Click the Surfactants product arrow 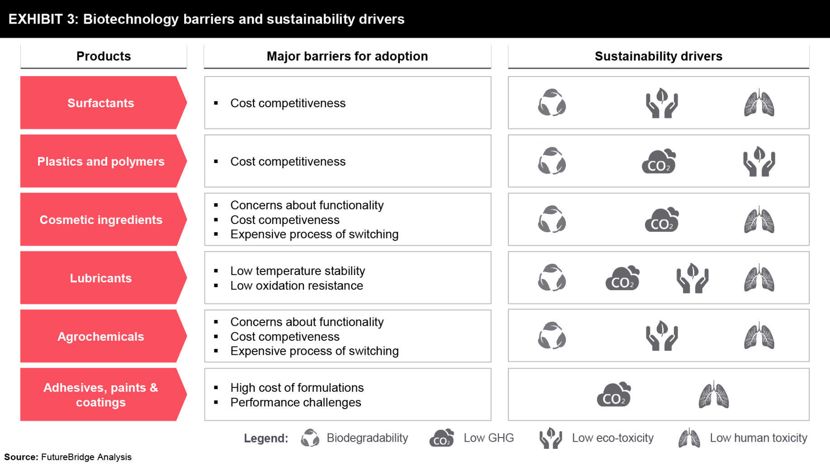click(101, 103)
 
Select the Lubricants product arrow click(101, 278)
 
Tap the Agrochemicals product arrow click(101, 336)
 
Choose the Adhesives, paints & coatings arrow click(101, 395)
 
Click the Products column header click(104, 56)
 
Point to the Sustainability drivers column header click(658, 56)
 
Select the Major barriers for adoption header click(347, 56)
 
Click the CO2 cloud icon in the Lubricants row click(622, 278)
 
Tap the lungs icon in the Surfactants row click(759, 104)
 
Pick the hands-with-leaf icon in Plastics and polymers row click(759, 162)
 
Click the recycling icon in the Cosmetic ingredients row click(552, 219)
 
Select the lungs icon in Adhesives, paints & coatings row click(713, 395)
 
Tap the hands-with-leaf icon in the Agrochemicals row click(661, 336)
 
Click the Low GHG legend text click(489, 438)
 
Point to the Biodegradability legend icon click(310, 438)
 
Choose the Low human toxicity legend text click(758, 438)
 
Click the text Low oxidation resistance click(296, 286)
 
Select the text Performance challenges click(295, 402)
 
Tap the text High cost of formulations click(297, 388)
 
